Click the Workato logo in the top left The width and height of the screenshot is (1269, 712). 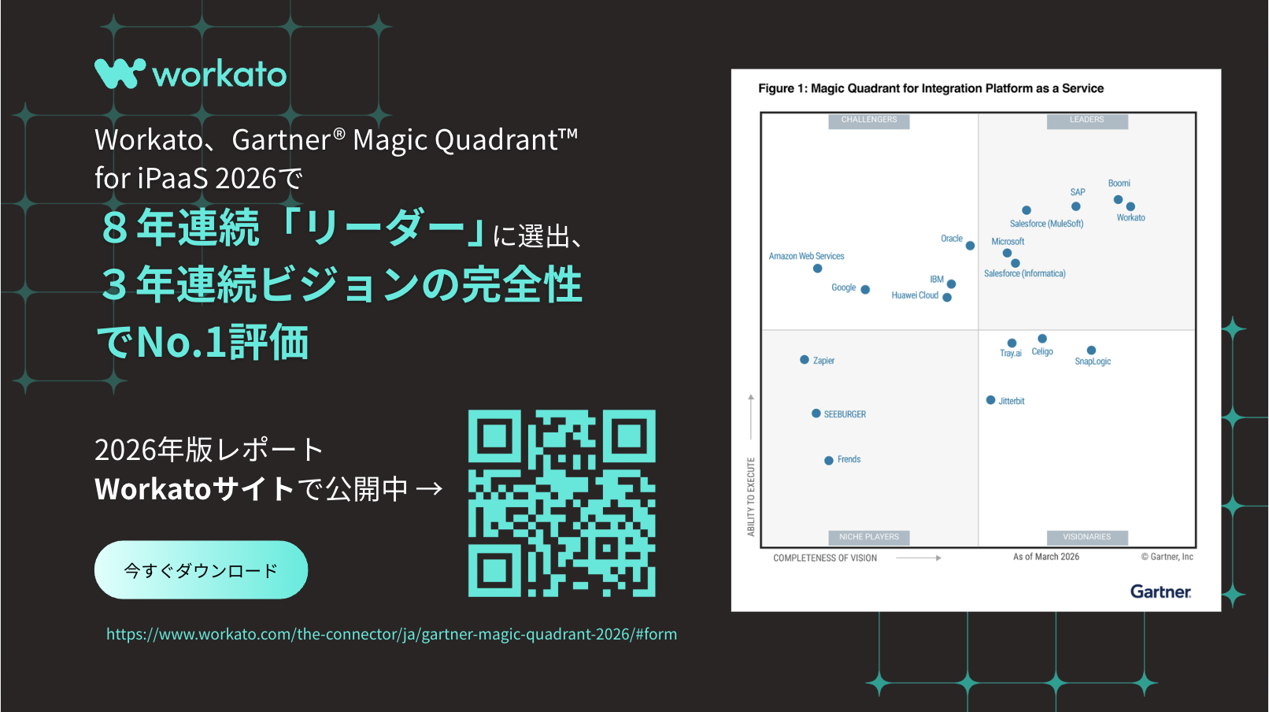(191, 74)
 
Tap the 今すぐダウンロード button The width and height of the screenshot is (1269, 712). (201, 569)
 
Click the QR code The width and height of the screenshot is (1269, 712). (562, 503)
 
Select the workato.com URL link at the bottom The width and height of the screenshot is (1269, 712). (391, 634)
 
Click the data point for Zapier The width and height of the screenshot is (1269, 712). (805, 359)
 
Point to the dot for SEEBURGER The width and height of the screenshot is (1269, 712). (816, 413)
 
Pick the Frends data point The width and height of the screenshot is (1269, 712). (829, 460)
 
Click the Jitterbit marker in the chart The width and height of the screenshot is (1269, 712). (991, 399)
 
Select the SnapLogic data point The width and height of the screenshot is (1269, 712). (1092, 350)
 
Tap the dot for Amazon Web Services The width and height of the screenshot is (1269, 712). (817, 268)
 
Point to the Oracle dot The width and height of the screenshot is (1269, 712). (971, 246)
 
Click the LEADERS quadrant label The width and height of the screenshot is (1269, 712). (1087, 120)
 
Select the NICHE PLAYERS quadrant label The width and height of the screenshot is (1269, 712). (869, 537)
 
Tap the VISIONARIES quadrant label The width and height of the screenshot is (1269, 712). (1087, 537)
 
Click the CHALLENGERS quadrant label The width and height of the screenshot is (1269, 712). (869, 120)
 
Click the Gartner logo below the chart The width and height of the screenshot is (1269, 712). (1161, 591)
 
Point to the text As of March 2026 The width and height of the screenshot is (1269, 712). (1046, 557)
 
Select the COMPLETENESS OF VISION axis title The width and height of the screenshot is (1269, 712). (825, 558)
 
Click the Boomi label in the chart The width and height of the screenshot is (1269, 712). (1119, 183)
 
